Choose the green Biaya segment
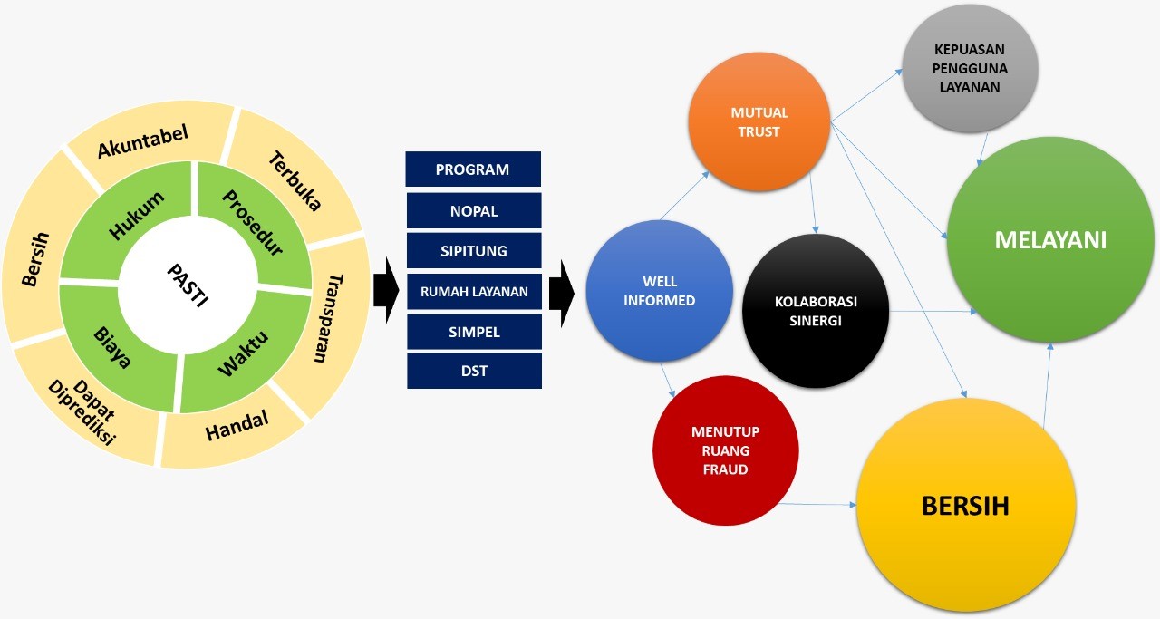(115, 345)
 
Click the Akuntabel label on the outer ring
(143, 141)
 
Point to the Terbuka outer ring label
(295, 181)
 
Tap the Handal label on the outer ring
(237, 426)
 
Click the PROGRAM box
(473, 169)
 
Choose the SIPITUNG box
(473, 250)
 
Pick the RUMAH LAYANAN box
(473, 291)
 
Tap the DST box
(473, 371)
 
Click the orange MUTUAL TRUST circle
(759, 121)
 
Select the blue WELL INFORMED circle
(659, 290)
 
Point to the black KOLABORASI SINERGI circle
(814, 311)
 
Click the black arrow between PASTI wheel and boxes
(387, 290)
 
